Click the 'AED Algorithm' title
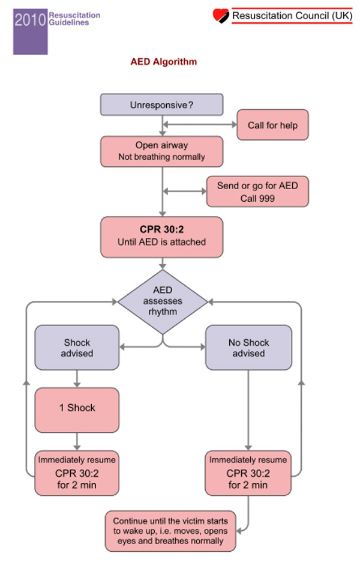(164, 62)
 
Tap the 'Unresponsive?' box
(161, 104)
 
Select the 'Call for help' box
(272, 125)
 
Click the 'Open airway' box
(161, 151)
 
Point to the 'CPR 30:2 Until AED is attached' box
(161, 236)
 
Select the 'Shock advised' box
(77, 348)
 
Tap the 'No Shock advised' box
(248, 348)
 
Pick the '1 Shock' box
(77, 408)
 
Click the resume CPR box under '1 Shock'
(77, 473)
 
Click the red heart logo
(221, 15)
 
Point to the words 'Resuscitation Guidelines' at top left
(74, 18)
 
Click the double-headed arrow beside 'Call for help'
(199, 125)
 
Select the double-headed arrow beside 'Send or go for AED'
(184, 192)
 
